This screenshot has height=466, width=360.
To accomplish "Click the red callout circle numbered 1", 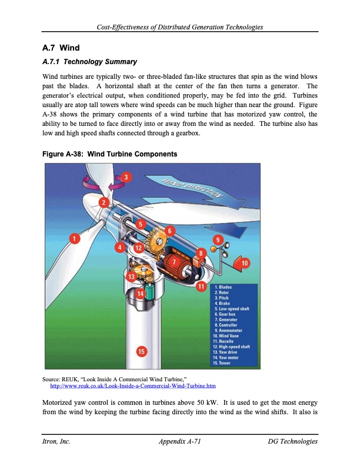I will pyautogui.click(x=75, y=238).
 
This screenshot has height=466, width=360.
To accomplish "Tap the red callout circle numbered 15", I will pyautogui.click(x=141, y=351).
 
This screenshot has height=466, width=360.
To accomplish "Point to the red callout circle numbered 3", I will pyautogui.click(x=127, y=177).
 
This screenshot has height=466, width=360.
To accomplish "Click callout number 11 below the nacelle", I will pyautogui.click(x=201, y=287).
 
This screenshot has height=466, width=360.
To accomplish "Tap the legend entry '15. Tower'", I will pyautogui.click(x=226, y=362).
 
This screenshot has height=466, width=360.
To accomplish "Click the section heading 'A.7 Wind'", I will pyautogui.click(x=61, y=47).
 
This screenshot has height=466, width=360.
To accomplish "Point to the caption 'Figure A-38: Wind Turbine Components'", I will pyautogui.click(x=110, y=154).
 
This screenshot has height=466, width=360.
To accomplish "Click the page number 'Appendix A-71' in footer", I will pyautogui.click(x=180, y=441).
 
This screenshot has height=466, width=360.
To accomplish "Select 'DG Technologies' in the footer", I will pyautogui.click(x=292, y=441).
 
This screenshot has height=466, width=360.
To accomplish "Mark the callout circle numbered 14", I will pyautogui.click(x=141, y=293).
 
